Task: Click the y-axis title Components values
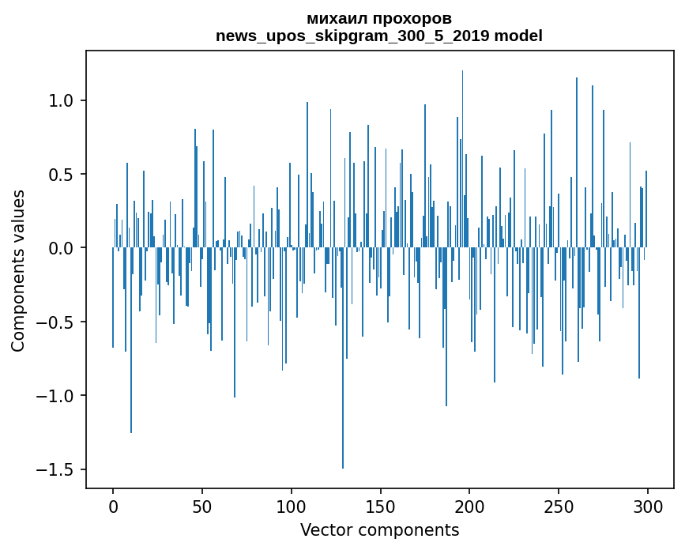coord(18,270)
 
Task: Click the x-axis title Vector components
coord(379,530)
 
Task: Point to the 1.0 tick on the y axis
coord(62,101)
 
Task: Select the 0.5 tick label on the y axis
coord(62,175)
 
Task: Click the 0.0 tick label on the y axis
coord(62,248)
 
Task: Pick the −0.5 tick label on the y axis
coord(57,322)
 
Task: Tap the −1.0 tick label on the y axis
coord(57,396)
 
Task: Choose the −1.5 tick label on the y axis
coord(57,469)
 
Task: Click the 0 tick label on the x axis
coord(113,506)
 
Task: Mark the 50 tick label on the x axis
coord(202,506)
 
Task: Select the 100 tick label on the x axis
coord(292,506)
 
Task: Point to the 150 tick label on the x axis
coord(381,506)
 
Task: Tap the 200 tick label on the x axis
coord(470,506)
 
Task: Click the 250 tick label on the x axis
coord(559,506)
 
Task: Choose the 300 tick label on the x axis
coord(649,506)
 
